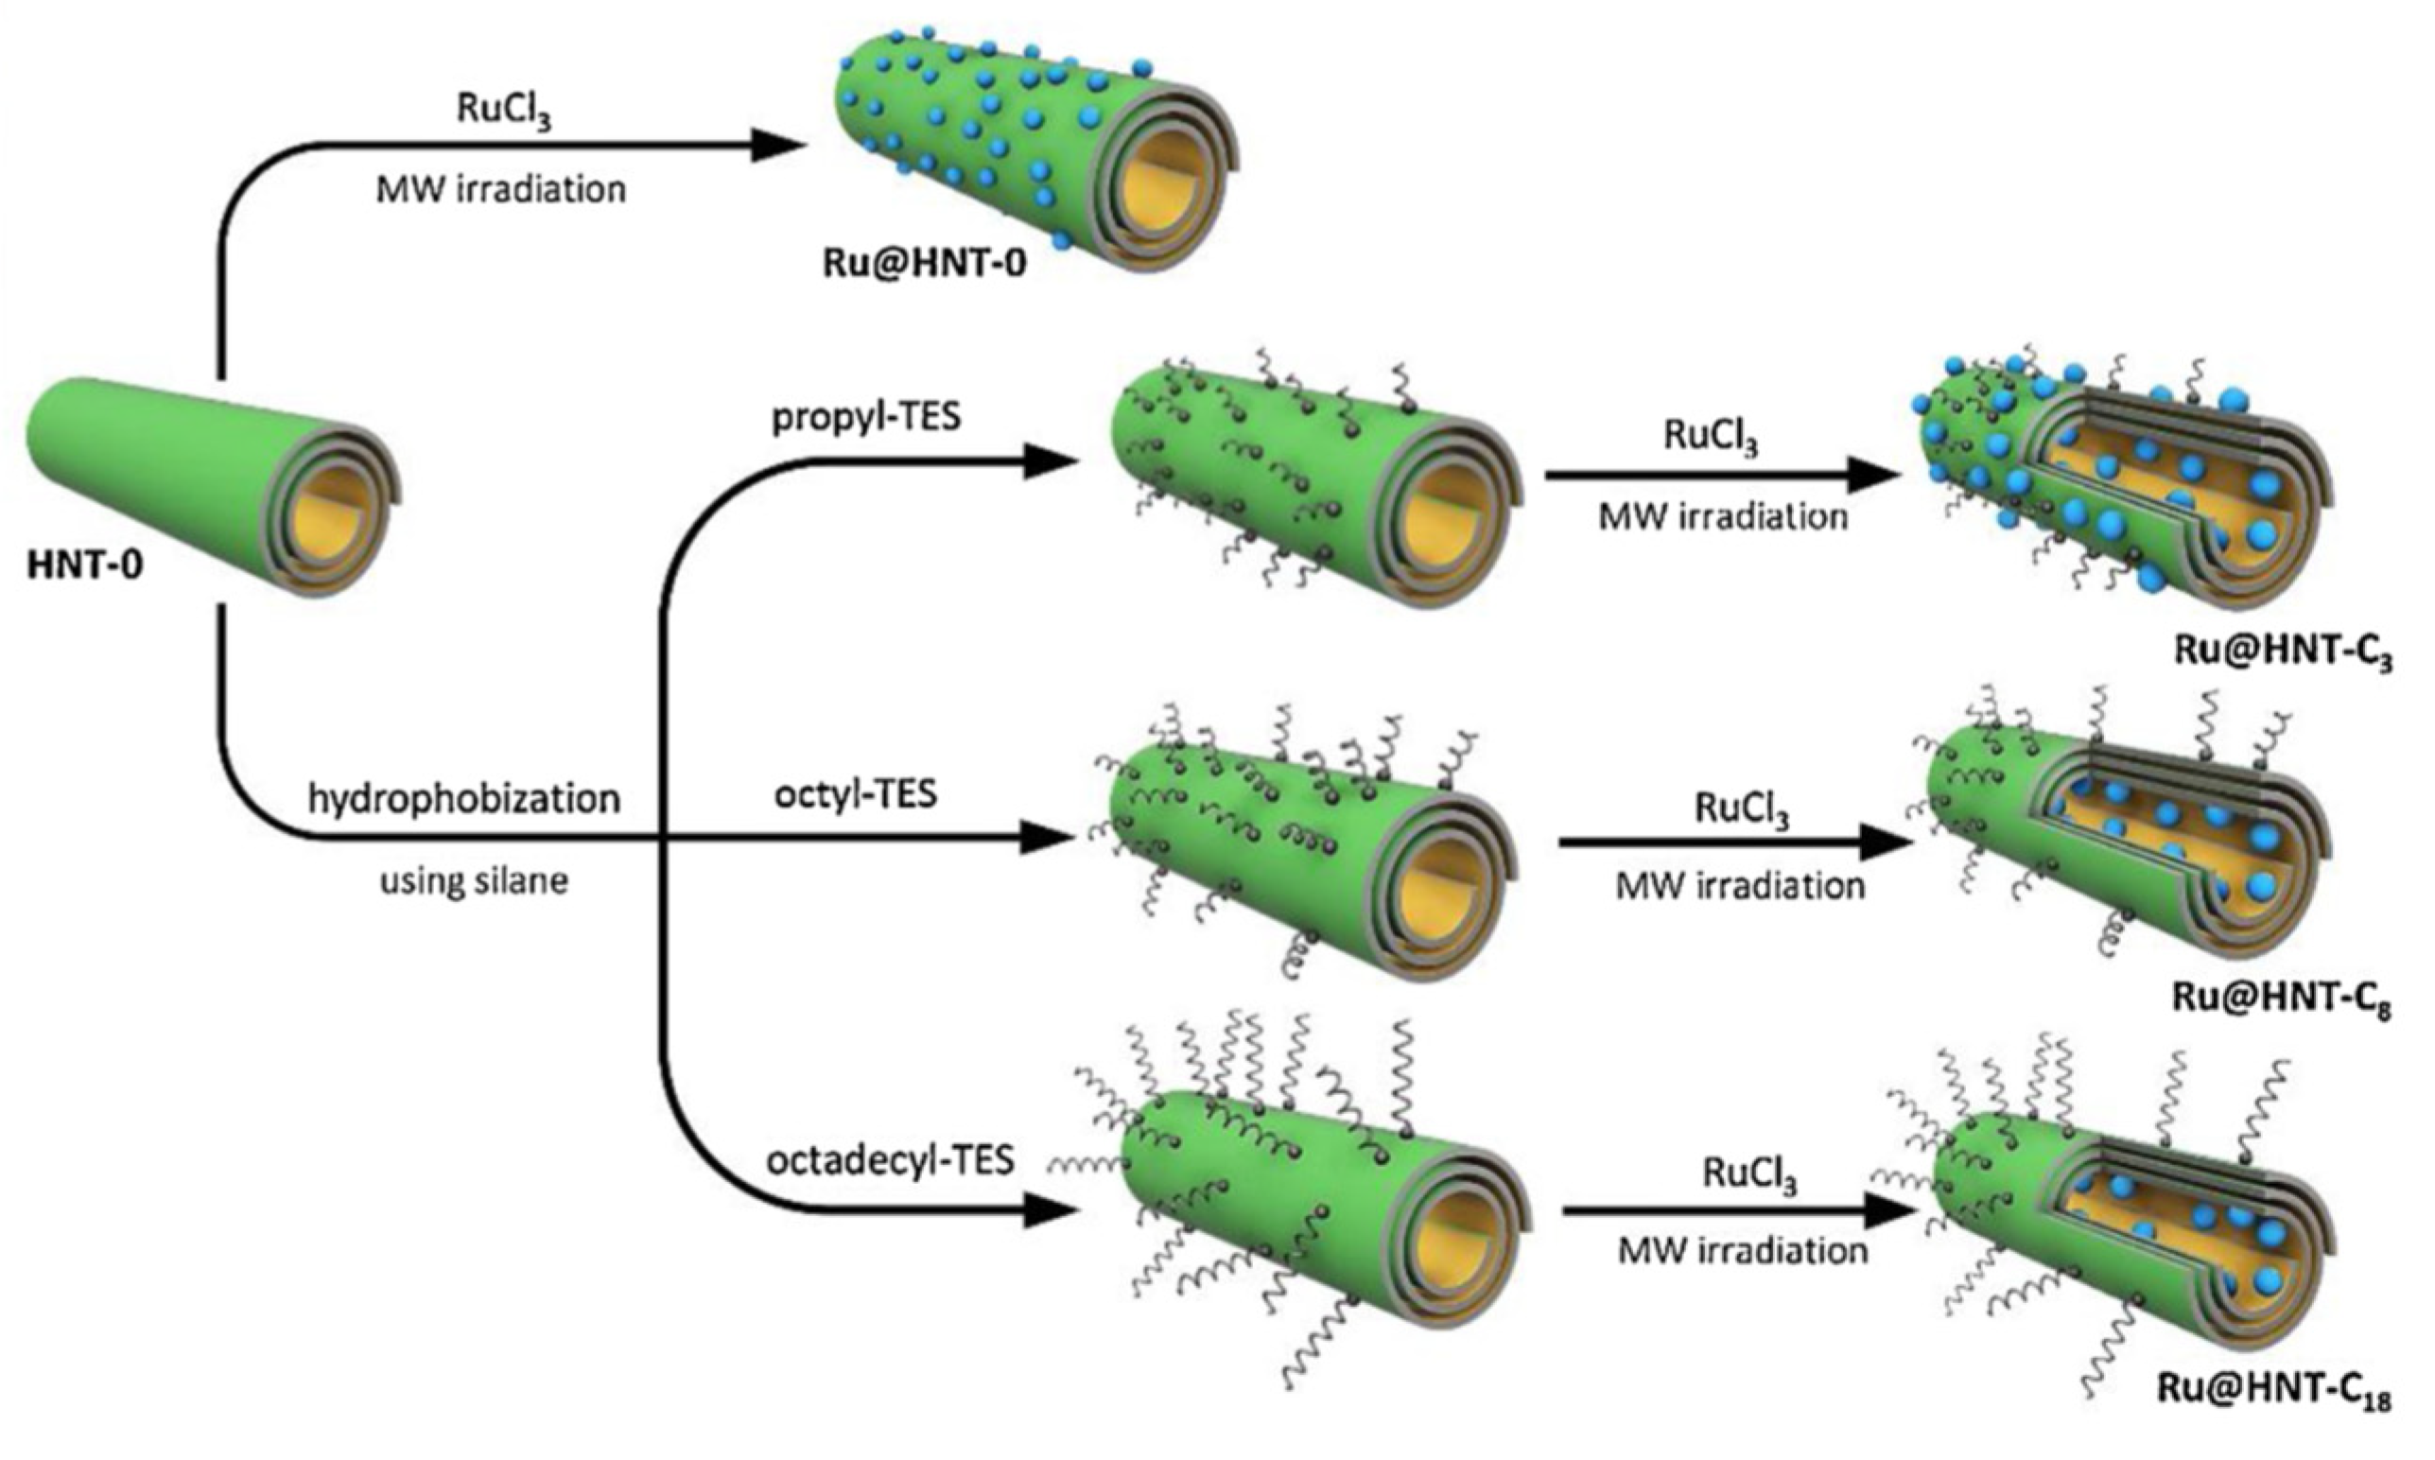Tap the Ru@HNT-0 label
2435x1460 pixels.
pos(925,264)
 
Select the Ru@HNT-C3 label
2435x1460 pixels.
pos(2283,653)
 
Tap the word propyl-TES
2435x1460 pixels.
pos(866,416)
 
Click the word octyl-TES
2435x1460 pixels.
pos(855,793)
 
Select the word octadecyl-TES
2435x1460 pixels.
pos(891,1161)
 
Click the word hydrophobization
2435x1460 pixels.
pos(464,798)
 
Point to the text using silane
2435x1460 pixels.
pos(474,879)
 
